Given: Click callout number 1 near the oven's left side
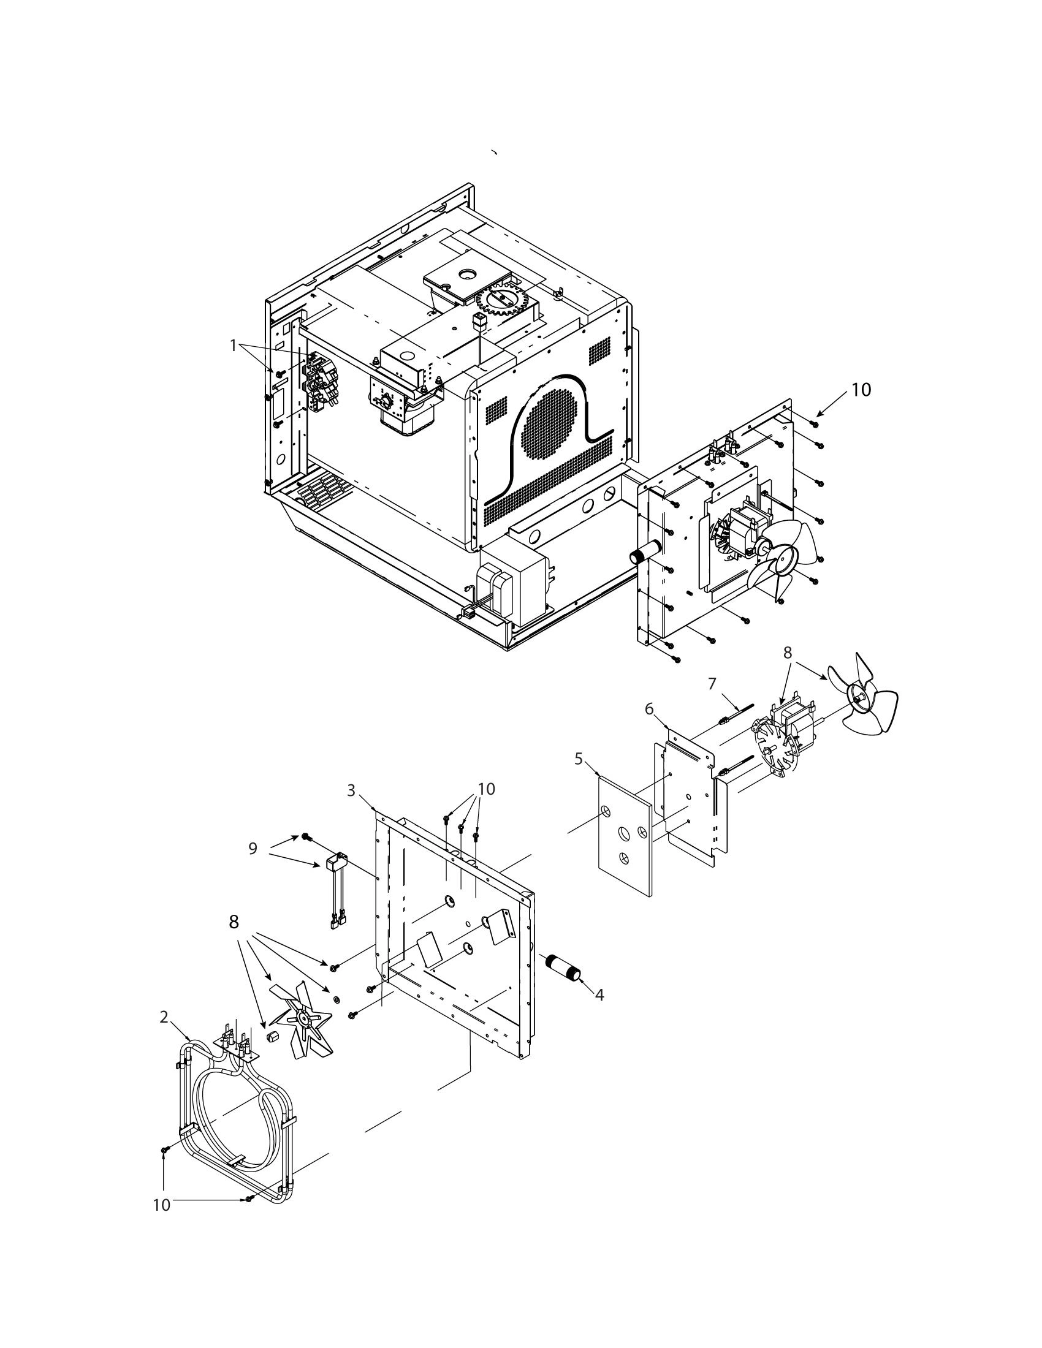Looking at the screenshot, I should [x=233, y=346].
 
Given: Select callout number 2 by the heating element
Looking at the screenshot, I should [x=164, y=1017].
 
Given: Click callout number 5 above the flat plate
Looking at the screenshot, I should [x=579, y=759].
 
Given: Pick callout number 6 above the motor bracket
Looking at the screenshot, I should [x=648, y=709].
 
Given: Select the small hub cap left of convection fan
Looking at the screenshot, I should [x=273, y=1037].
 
